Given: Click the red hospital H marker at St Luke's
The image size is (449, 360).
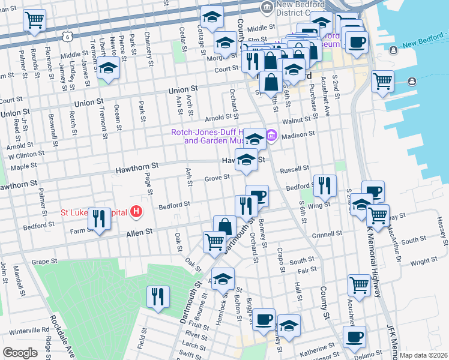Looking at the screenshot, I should coord(137,212).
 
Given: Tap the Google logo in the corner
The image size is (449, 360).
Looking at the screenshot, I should coord(20,353).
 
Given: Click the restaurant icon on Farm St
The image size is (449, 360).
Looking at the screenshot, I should coord(99,220).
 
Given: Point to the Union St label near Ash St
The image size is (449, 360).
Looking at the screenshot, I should coord(183,90).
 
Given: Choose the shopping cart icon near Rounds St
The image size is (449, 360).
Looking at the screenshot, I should coord(34,19).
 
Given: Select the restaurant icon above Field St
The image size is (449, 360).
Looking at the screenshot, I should coord(158,297).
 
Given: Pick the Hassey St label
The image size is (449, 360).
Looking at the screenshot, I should coord(442,231).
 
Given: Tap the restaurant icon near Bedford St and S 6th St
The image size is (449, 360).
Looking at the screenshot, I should coord(325,185).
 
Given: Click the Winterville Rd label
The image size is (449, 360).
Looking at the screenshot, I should coord(29,330).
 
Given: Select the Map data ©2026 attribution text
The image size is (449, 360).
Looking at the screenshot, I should coord(423,355).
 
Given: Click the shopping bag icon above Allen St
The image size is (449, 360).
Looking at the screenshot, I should coord(224,227).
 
